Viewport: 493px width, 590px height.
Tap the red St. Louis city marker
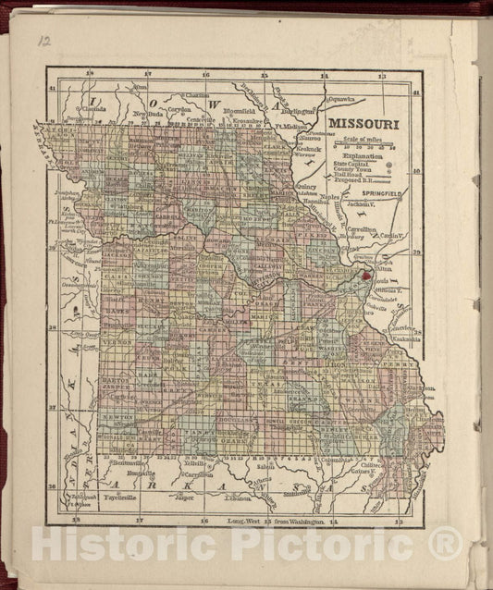pos(365,275)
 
